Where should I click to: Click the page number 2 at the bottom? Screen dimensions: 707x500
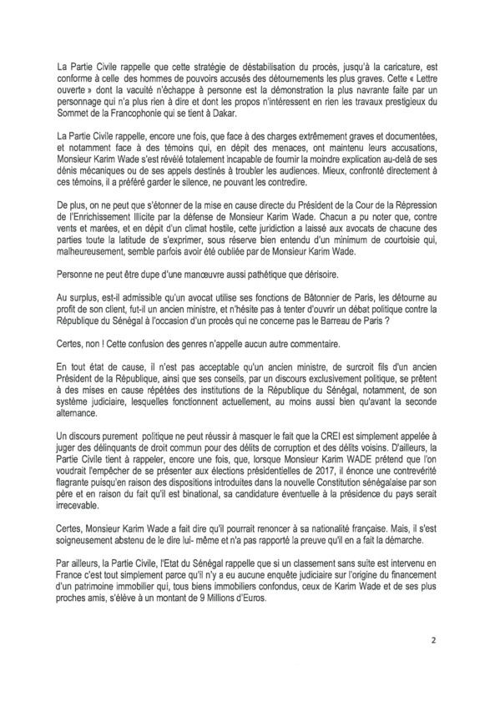click(x=457, y=644)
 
